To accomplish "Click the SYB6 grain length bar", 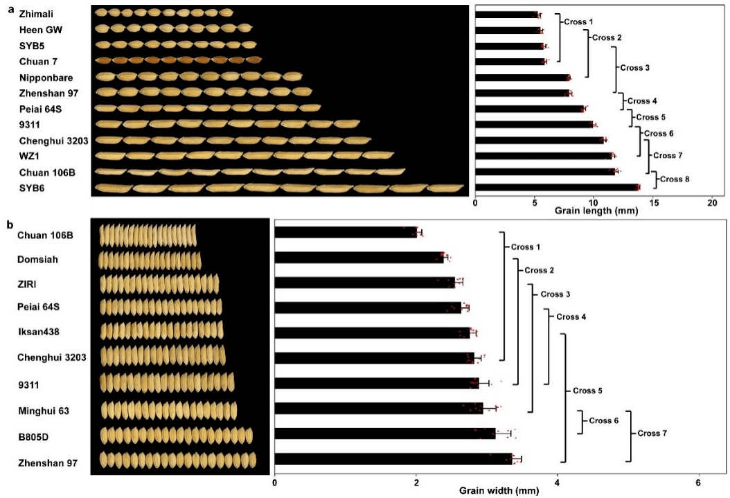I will (556, 187).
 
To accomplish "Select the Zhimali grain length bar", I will (506, 15).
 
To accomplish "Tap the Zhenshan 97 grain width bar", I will (393, 459).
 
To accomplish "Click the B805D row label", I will (33, 438).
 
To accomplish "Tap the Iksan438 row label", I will (38, 332).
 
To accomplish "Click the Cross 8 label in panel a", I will (675, 179).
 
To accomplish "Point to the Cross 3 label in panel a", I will (635, 67).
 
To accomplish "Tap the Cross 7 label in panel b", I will (652, 434).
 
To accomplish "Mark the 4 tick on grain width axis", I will (557, 483).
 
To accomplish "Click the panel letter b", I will (9, 224).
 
